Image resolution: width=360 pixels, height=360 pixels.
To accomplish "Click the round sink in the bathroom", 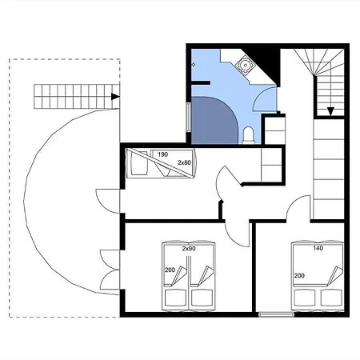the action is (x=244, y=65).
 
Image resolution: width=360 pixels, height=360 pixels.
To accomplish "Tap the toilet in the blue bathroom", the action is (x=248, y=135).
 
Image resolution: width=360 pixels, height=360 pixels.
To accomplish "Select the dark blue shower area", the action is (x=213, y=120).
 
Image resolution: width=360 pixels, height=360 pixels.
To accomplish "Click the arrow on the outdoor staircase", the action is (x=115, y=97).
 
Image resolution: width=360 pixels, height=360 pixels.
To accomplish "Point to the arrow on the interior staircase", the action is (x=330, y=111).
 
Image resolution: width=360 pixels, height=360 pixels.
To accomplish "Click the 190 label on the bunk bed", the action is (x=162, y=154).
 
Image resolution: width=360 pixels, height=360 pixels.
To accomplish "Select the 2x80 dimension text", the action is (x=184, y=162).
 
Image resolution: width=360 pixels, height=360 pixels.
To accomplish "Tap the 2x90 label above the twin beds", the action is (x=189, y=249).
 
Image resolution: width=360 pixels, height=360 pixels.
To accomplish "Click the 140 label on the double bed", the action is (x=318, y=248).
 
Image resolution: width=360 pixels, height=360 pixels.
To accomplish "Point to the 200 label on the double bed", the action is (x=299, y=276).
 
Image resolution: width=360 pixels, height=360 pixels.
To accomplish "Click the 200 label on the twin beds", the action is (x=170, y=270).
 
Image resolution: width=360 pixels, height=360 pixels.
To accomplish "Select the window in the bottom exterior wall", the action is (x=277, y=314).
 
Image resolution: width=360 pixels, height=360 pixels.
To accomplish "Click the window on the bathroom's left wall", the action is (x=189, y=117).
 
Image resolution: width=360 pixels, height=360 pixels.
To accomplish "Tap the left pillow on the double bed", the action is (x=305, y=298).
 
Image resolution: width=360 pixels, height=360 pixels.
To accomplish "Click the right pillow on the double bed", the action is (x=331, y=298).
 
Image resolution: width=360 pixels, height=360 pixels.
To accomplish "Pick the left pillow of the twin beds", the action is (x=175, y=298).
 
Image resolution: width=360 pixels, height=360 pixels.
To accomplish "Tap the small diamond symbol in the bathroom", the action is (x=194, y=65).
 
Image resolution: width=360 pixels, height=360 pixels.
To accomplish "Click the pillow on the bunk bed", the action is (x=139, y=163).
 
